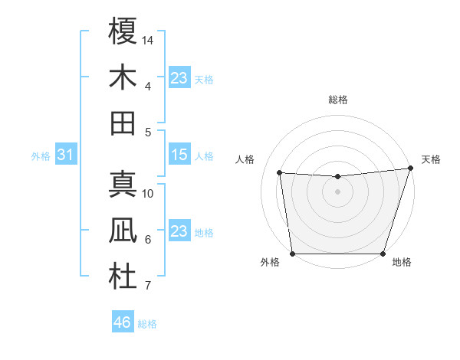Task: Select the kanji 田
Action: click(123, 123)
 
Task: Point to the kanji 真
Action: click(123, 185)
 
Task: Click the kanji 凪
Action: click(123, 231)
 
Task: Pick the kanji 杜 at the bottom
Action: click(123, 277)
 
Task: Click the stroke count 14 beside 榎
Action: click(149, 39)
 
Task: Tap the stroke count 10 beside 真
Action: click(149, 193)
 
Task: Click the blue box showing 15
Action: click(179, 155)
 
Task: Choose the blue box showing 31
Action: click(65, 155)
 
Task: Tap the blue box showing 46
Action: click(122, 322)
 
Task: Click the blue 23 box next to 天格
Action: click(179, 77)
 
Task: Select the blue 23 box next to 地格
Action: click(179, 231)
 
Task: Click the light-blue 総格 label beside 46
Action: click(147, 324)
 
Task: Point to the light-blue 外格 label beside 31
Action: click(41, 156)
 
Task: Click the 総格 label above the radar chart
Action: click(337, 100)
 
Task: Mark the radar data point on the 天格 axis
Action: click(410, 169)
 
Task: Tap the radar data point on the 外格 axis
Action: click(292, 254)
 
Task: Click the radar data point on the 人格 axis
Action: click(280, 173)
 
